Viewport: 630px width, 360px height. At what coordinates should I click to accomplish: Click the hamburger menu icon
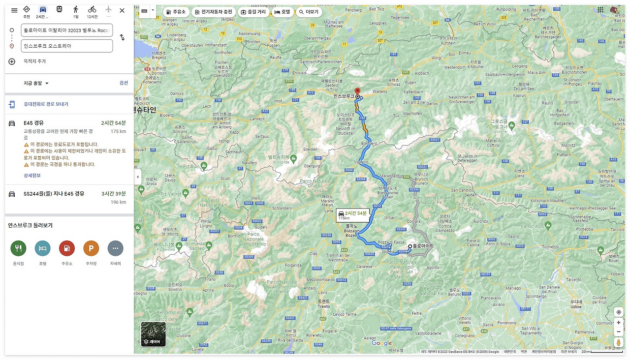[14, 10]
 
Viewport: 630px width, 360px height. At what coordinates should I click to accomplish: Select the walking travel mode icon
[76, 10]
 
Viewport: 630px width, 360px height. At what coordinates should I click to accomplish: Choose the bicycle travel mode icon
[92, 10]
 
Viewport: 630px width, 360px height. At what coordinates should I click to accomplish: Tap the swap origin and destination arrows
[122, 37]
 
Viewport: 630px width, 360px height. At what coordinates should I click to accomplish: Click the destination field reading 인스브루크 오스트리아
[67, 46]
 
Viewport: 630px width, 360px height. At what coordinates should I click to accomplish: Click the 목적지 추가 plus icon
[12, 61]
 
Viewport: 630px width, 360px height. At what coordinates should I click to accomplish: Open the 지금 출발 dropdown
[36, 83]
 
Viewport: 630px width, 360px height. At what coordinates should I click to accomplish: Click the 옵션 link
[124, 83]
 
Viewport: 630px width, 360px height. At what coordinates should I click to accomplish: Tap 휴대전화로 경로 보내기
[45, 104]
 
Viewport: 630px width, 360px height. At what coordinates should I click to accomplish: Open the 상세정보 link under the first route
[32, 176]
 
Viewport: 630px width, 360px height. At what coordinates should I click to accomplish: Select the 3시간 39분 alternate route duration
[113, 194]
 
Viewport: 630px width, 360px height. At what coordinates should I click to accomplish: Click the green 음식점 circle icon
[18, 248]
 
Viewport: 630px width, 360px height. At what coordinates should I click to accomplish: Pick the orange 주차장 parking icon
[91, 248]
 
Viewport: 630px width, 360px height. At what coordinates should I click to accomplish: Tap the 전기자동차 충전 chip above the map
[213, 12]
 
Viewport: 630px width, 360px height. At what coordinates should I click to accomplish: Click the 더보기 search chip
[309, 12]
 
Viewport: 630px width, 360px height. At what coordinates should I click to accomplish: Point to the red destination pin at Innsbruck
[357, 91]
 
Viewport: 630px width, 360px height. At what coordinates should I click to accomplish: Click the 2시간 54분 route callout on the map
[352, 214]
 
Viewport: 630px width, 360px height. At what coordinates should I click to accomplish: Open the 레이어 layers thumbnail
[153, 334]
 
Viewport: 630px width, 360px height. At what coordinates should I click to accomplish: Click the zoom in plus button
[619, 323]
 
